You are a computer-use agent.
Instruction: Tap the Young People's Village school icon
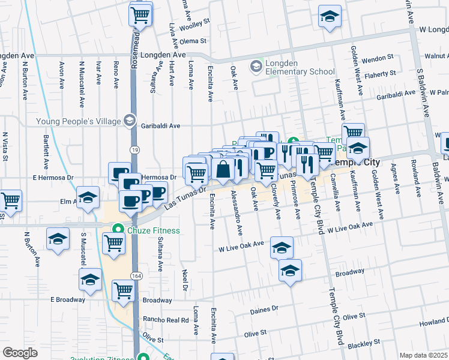coord(129,121)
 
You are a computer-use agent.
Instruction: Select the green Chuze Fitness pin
coord(119,229)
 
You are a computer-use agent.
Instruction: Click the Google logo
coord(20,353)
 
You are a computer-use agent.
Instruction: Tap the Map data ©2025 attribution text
coord(423,355)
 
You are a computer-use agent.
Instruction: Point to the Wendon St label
coord(377,58)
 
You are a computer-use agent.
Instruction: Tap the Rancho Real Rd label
coord(165,320)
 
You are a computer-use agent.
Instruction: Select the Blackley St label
coord(361,344)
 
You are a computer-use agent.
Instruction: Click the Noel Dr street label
coord(185,280)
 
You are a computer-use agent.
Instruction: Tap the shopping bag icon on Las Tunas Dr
coord(223,170)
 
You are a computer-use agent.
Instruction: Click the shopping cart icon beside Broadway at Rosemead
coord(123,290)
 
